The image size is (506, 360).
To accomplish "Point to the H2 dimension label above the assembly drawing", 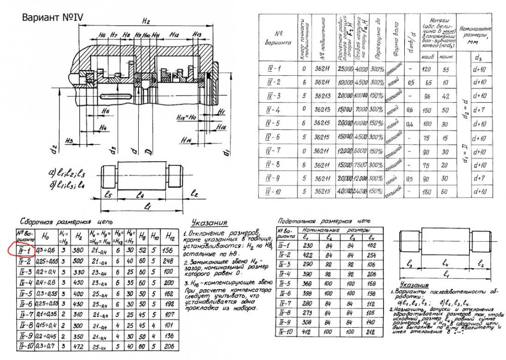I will tap(146, 21).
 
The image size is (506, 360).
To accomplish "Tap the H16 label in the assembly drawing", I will tap(221, 128).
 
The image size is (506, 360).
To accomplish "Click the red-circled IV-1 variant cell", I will tap(24, 249).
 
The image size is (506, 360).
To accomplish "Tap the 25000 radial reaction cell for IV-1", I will tap(346, 69).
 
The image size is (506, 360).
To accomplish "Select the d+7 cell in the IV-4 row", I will tap(478, 109).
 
